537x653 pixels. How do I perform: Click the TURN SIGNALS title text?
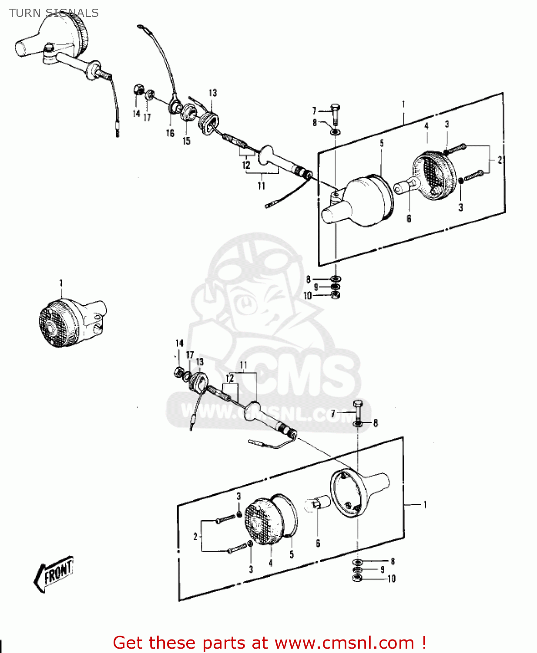54,13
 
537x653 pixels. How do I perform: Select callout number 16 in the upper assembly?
170,133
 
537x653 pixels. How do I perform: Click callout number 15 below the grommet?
186,141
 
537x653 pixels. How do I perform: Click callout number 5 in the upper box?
382,143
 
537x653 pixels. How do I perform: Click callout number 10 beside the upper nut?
308,296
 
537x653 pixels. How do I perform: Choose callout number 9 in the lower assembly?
382,569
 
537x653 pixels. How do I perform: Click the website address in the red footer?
344,643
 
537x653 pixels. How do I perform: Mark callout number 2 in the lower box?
195,537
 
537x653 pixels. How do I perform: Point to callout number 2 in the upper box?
500,160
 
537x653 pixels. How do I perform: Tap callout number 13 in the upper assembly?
212,93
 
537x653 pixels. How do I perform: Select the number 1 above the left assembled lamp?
61,283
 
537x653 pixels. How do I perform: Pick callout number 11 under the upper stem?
261,186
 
